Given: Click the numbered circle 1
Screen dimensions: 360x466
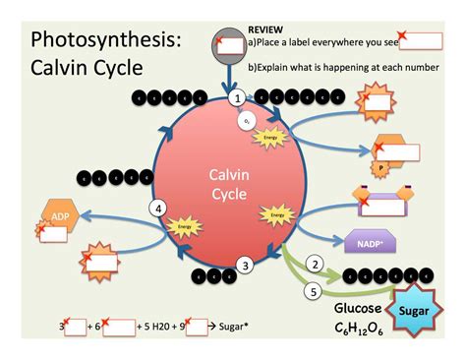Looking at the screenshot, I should [x=236, y=99].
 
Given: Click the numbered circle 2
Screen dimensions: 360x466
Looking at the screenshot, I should [x=316, y=264].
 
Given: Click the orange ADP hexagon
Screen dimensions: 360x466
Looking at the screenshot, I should [x=58, y=214].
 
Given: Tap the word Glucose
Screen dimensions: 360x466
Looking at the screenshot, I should [x=357, y=308].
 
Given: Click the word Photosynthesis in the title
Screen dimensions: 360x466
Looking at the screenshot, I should [x=105, y=41].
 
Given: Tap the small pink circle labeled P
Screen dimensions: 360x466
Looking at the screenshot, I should [x=380, y=169].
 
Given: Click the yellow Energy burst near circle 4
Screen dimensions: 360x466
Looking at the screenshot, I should [x=182, y=227].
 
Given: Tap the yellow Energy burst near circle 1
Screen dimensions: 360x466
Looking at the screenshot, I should [x=265, y=138].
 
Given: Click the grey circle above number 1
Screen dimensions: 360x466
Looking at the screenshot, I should [x=237, y=43].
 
